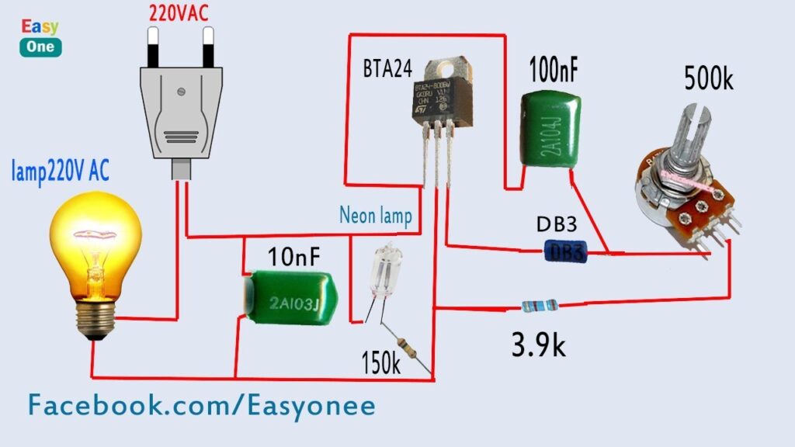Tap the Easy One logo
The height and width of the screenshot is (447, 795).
pyautogui.click(x=40, y=37)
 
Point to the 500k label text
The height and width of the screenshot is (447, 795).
pyautogui.click(x=709, y=79)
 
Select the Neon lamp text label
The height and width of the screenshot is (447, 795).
pyautogui.click(x=375, y=214)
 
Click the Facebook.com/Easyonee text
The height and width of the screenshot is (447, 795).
pyautogui.click(x=202, y=405)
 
